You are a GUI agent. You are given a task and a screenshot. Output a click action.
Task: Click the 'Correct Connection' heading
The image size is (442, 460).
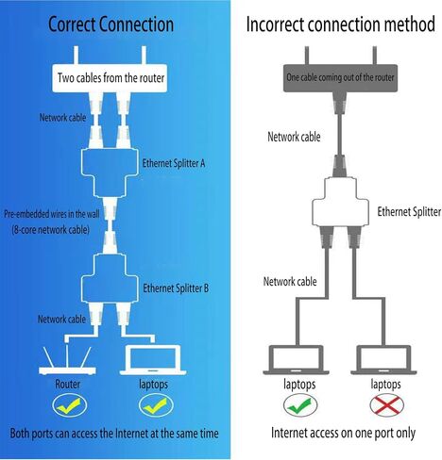pos(110,25)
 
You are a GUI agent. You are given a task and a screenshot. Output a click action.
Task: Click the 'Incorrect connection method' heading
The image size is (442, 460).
pos(341,25)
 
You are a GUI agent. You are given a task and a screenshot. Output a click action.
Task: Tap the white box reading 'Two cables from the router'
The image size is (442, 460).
pos(110,78)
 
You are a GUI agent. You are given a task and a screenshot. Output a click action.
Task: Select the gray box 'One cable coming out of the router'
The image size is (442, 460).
pos(340,78)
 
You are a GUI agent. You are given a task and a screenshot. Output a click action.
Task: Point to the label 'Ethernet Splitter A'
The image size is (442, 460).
pos(174,163)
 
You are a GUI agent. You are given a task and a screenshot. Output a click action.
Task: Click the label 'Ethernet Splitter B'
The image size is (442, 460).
pos(176,288)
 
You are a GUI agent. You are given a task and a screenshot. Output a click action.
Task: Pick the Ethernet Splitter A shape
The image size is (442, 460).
pos(110,172)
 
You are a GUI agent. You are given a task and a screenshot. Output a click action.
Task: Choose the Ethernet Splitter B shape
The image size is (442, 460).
pos(110,278)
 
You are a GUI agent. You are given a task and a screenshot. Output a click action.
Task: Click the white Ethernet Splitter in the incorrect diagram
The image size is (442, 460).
pos(340,203)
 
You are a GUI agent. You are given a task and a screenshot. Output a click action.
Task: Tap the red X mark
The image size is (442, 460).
pos(387,405)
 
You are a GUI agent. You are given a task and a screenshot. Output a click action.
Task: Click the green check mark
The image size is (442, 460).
pos(300,405)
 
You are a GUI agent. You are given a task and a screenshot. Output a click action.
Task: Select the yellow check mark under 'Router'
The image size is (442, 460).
pos(70,405)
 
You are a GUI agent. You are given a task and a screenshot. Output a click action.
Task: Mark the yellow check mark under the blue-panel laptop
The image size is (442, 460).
pos(156,405)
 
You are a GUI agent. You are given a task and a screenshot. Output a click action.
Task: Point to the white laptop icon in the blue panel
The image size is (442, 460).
pos(153,360)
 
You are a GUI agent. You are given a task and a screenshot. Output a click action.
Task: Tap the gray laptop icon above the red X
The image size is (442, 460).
pos(383,360)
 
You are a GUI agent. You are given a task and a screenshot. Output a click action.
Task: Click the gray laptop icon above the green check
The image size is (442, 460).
pos(296,360)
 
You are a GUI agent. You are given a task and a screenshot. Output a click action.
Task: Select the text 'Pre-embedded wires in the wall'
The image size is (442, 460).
pos(52,214)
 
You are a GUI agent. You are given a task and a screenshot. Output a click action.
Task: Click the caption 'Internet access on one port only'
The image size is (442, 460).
pos(343,433)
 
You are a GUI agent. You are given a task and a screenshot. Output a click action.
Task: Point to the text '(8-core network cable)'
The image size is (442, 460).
pos(51,230)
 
